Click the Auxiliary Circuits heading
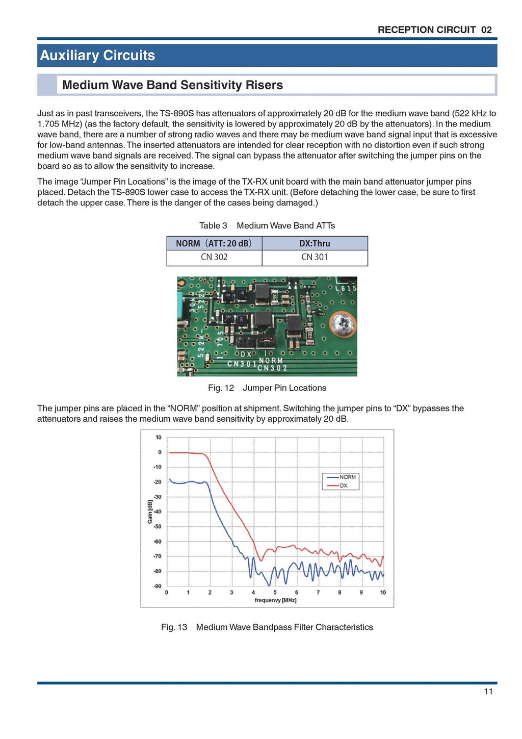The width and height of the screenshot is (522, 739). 97,55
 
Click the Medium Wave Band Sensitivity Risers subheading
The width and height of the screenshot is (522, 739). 172,85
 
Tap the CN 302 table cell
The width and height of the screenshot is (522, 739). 214,257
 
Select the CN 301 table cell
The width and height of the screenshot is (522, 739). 315,257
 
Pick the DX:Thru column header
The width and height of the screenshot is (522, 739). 315,243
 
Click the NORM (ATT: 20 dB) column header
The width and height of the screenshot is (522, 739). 214,243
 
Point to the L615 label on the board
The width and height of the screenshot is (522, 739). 346,288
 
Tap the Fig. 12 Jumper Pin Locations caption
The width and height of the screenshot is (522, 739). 267,388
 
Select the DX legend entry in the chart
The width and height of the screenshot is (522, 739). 344,486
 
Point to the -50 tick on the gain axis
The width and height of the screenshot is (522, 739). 158,526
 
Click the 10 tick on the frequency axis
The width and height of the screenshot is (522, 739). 383,592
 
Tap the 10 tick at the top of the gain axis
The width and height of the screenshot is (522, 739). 159,437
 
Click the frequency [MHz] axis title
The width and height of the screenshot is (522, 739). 275,600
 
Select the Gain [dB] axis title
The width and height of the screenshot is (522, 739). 150,512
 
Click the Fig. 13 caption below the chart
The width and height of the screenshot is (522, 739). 267,627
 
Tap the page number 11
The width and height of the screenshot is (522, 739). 488,691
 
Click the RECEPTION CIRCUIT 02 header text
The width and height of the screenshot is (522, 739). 434,30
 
